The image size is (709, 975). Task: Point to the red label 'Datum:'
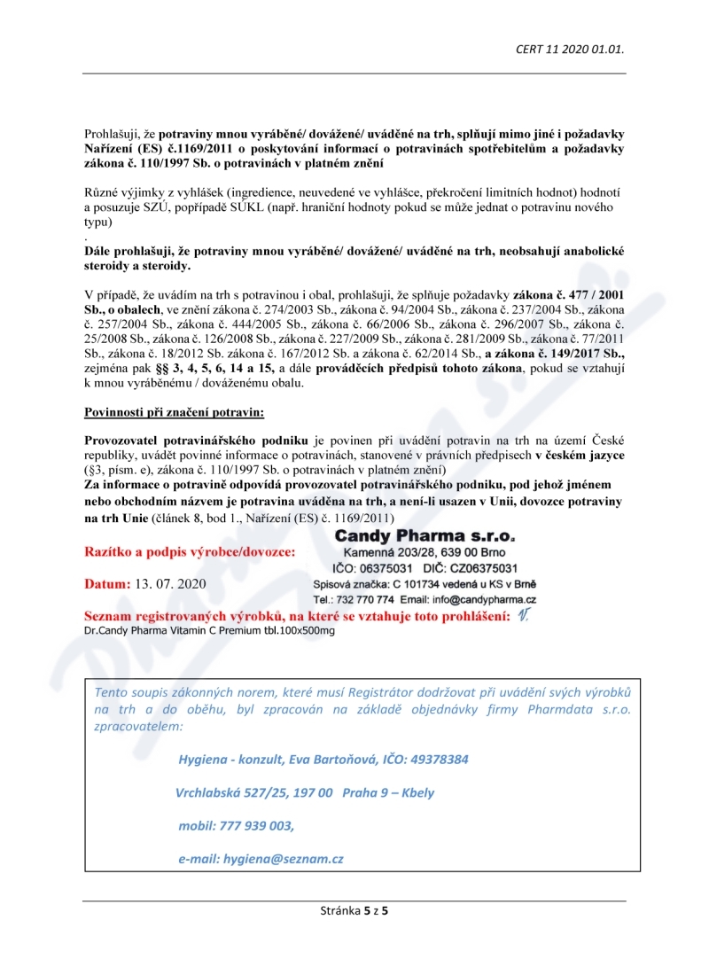pyautogui.click(x=107, y=584)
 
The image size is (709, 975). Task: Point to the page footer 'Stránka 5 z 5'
pyautogui.click(x=354, y=910)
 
